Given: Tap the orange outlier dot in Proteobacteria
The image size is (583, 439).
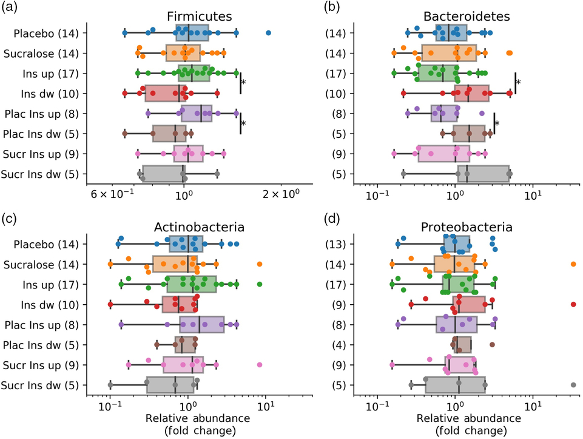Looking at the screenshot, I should click(x=573, y=264).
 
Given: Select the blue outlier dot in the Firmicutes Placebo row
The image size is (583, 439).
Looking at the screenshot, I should click(x=268, y=33).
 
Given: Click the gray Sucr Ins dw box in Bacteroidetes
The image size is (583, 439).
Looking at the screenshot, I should click(x=483, y=174).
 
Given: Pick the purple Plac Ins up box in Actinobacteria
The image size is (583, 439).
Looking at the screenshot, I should click(x=201, y=325).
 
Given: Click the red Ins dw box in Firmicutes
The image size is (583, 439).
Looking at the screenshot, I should click(x=163, y=94).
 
